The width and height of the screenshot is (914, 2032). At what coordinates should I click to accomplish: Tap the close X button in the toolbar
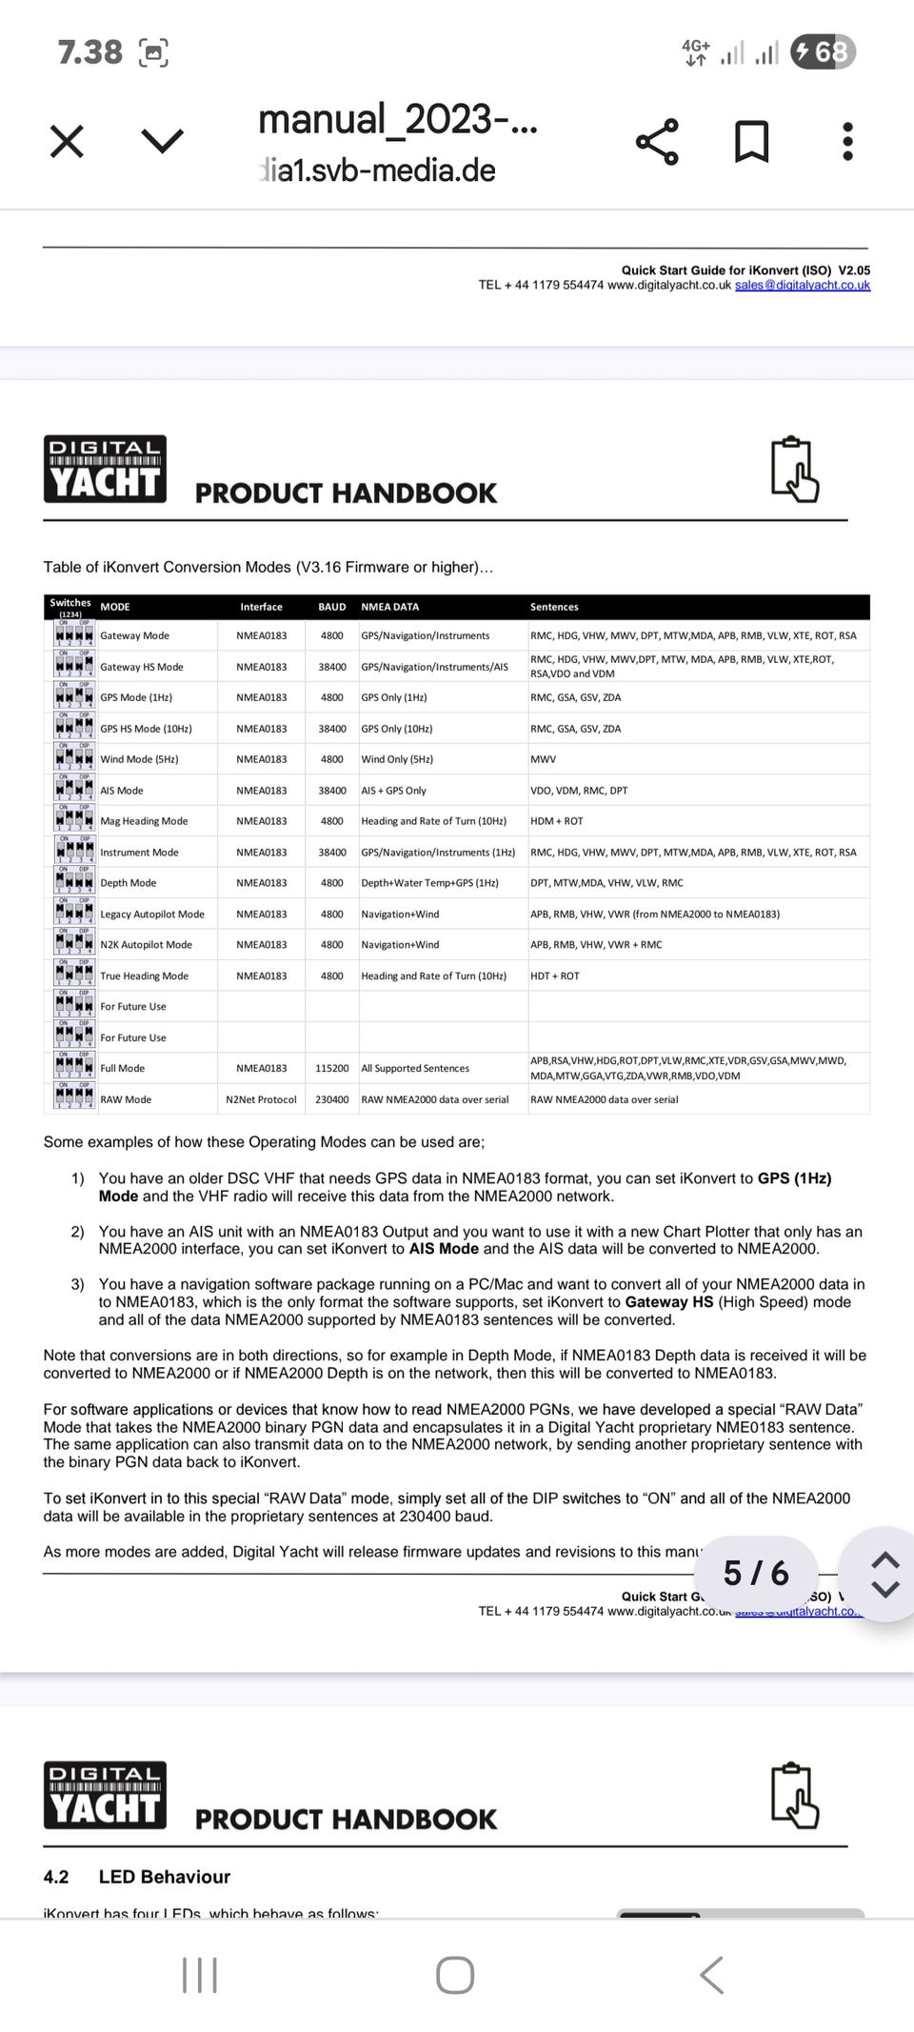[67, 142]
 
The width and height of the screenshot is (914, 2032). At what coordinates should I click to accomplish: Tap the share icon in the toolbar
[657, 142]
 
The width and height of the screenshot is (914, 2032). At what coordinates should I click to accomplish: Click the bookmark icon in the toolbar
[752, 142]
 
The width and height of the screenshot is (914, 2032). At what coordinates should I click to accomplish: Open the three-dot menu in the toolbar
[847, 142]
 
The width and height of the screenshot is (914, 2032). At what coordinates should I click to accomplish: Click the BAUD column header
[332, 607]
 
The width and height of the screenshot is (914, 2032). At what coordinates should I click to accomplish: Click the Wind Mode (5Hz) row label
[139, 759]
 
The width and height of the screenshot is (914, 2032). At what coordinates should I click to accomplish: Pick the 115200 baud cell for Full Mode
[332, 1069]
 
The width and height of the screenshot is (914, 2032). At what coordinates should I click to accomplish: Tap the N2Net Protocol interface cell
[261, 1099]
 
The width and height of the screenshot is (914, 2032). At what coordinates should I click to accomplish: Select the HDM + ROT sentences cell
[557, 821]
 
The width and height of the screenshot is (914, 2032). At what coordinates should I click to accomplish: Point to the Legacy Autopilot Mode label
[152, 915]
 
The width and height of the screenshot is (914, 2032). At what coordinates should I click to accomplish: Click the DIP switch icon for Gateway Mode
[74, 635]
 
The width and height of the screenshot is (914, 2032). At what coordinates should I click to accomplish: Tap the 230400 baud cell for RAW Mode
[332, 1099]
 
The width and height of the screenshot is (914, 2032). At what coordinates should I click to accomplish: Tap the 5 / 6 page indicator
[756, 1573]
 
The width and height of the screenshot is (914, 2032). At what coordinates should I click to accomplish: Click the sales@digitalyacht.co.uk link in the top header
[803, 285]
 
